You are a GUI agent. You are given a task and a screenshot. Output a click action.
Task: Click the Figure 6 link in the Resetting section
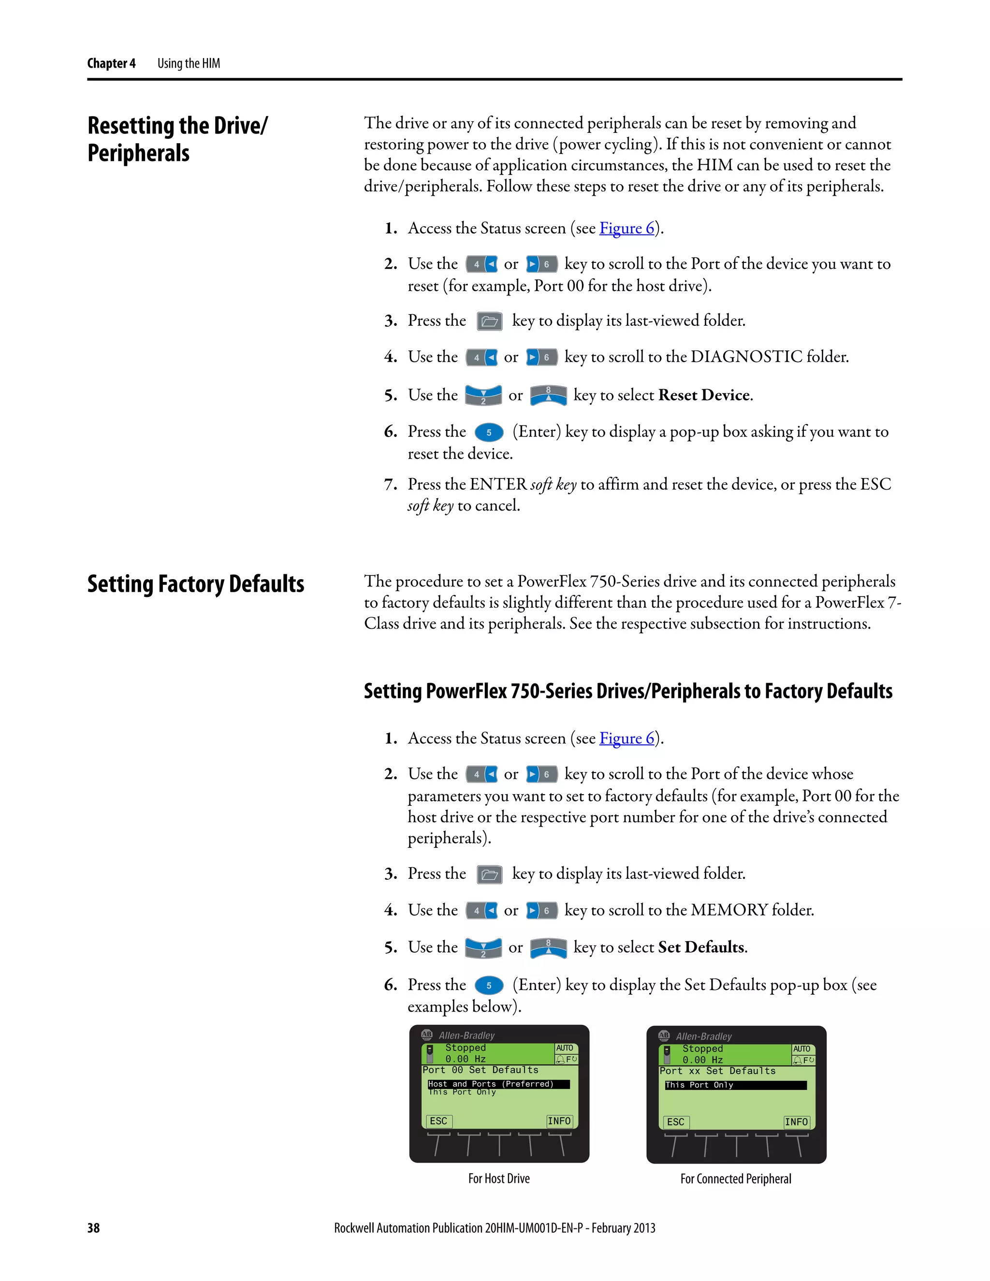click(x=626, y=228)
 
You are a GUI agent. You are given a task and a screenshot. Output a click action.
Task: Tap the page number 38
click(x=93, y=1228)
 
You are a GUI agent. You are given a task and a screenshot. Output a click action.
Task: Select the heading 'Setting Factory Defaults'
click(x=195, y=584)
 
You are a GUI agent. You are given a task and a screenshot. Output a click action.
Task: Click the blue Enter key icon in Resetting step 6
click(x=489, y=432)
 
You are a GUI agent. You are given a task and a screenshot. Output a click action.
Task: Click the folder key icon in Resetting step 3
click(x=489, y=321)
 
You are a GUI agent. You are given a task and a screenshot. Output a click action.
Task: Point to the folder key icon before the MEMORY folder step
click(x=489, y=874)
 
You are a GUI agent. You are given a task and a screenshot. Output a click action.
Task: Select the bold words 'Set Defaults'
click(x=701, y=947)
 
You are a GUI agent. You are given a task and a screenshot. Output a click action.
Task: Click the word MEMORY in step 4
click(x=729, y=910)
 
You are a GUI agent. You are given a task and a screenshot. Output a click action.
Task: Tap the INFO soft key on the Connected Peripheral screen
click(x=796, y=1122)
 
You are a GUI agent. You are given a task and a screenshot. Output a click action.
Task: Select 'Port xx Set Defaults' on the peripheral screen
click(x=717, y=1071)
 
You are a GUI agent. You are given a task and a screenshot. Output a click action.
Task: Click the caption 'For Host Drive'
click(x=498, y=1179)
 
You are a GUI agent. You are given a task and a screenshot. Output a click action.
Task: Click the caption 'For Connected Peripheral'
click(x=735, y=1179)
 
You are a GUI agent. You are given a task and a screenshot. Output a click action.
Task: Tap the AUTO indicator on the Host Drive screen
click(x=564, y=1048)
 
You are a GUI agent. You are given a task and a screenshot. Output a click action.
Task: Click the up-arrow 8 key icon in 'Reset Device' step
click(x=548, y=395)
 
